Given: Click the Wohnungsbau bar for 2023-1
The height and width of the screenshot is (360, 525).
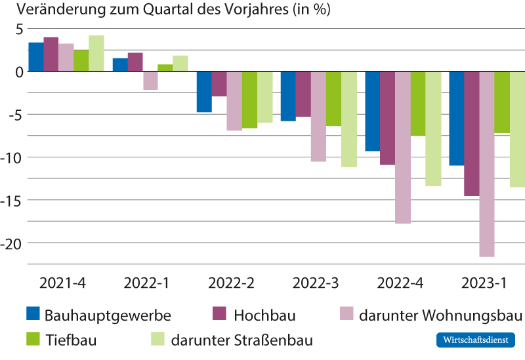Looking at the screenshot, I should (486, 164).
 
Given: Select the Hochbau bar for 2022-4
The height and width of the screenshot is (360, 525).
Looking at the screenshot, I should (387, 118).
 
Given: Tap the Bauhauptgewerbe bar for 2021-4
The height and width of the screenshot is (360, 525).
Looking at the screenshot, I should (36, 57).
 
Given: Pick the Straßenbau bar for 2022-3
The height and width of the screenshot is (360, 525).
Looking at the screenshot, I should (349, 119).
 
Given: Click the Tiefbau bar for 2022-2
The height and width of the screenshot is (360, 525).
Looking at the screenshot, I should (249, 100).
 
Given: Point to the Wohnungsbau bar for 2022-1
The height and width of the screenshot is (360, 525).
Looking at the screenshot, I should (150, 81).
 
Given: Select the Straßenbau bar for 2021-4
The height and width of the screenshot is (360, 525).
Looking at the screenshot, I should (96, 54).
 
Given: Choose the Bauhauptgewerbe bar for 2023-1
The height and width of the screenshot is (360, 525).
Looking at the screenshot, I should (456, 118).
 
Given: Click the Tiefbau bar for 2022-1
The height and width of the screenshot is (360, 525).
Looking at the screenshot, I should (165, 68).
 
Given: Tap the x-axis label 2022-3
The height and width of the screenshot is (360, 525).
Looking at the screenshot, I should (316, 284).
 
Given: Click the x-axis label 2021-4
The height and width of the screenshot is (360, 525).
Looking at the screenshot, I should (62, 284).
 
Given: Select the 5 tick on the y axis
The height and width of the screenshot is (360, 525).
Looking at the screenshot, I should (20, 30).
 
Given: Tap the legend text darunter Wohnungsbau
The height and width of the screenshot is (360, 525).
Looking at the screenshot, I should (440, 315).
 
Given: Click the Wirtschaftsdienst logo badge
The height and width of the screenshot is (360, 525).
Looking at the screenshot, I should (476, 340).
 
